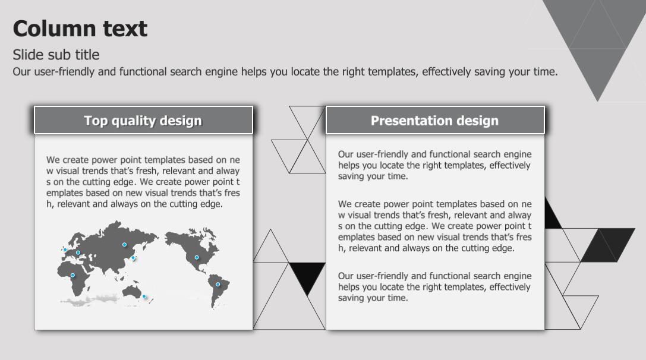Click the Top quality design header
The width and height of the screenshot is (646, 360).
[143, 120]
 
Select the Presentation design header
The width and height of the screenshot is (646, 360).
[435, 120]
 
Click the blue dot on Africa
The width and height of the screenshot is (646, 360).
[73, 275]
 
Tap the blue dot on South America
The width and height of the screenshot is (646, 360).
[218, 284]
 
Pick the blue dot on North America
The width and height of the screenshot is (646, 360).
[197, 257]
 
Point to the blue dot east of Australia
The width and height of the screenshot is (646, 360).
[144, 296]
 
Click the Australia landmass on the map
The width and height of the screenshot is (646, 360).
[132, 291]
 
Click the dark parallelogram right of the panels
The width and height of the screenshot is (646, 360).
[608, 245]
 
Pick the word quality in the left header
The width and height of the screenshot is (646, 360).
[134, 121]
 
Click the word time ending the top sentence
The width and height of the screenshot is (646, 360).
[545, 72]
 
